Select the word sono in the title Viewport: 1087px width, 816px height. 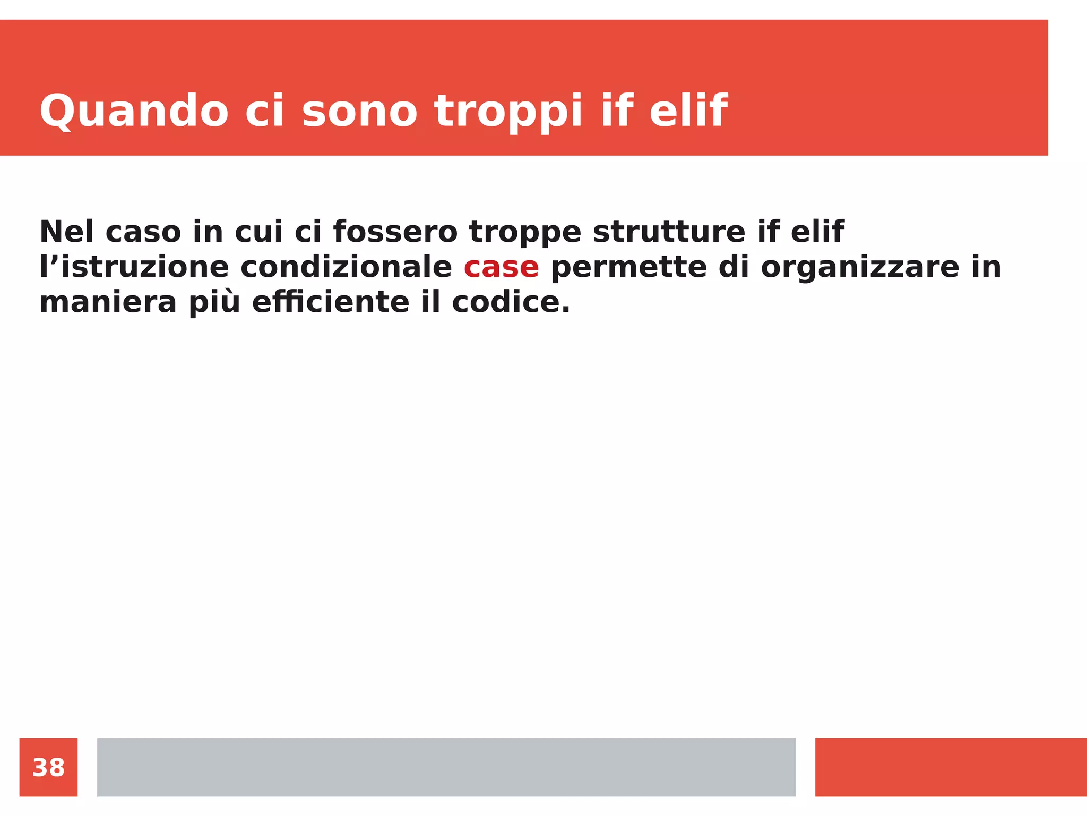359,112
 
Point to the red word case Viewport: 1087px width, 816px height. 501,267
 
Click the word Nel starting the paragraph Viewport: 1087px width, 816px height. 66,232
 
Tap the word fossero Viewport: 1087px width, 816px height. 395,232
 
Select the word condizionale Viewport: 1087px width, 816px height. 346,267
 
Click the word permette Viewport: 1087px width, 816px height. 629,267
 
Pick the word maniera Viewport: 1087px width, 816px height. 108,303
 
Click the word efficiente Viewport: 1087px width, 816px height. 330,302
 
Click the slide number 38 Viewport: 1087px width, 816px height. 48,768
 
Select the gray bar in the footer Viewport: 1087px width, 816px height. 446,767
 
